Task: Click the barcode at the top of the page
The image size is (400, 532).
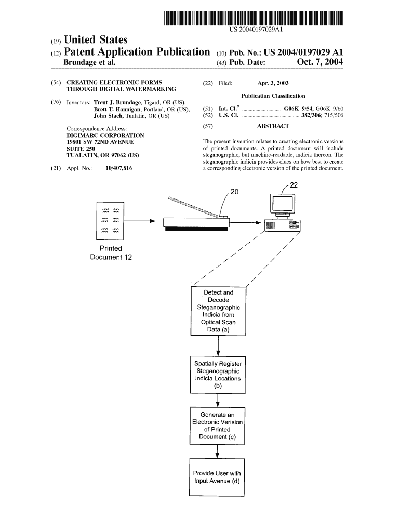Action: point(254,18)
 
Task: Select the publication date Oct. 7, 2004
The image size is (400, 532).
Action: point(320,62)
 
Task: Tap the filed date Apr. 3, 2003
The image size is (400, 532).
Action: point(273,83)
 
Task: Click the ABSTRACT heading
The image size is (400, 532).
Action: point(273,126)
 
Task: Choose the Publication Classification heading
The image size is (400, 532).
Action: point(273,96)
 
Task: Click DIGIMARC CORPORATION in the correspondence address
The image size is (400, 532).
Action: point(106,135)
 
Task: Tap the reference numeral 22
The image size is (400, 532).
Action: point(294,185)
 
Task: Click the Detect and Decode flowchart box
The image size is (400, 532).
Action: point(218,311)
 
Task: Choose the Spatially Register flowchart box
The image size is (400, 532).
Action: point(218,375)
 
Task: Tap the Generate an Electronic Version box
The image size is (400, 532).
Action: point(217,425)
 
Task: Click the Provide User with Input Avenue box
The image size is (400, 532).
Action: point(217,477)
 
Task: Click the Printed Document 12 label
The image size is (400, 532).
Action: point(111,252)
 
